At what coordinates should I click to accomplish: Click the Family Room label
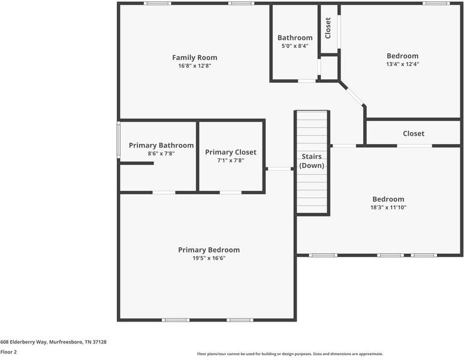pos(194,58)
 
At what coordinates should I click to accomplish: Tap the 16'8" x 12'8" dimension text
pos(194,66)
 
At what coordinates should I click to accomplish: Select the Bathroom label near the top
pos(294,37)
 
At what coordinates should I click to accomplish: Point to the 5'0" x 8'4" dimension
pos(294,46)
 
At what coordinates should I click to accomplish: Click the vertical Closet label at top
pos(328,28)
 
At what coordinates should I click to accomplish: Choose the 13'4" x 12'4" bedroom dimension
pos(402,64)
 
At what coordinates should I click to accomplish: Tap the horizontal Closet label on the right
pos(413,133)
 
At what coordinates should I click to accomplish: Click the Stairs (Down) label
pos(312,161)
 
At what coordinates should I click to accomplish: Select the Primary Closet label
pos(230,152)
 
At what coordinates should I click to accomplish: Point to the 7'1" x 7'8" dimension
pos(230,161)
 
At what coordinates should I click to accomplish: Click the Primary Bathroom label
pos(161,145)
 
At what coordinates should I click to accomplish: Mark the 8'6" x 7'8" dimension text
pos(161,154)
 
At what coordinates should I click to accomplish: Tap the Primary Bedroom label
pos(209,250)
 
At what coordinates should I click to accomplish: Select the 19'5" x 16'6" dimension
pos(209,258)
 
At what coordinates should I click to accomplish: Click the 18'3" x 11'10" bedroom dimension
pos(388,207)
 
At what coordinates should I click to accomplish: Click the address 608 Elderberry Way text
pos(53,341)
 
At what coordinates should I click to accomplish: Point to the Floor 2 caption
pos(8,352)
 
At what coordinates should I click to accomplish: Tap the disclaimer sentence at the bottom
pos(290,354)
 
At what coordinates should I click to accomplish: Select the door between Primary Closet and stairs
pos(279,169)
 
